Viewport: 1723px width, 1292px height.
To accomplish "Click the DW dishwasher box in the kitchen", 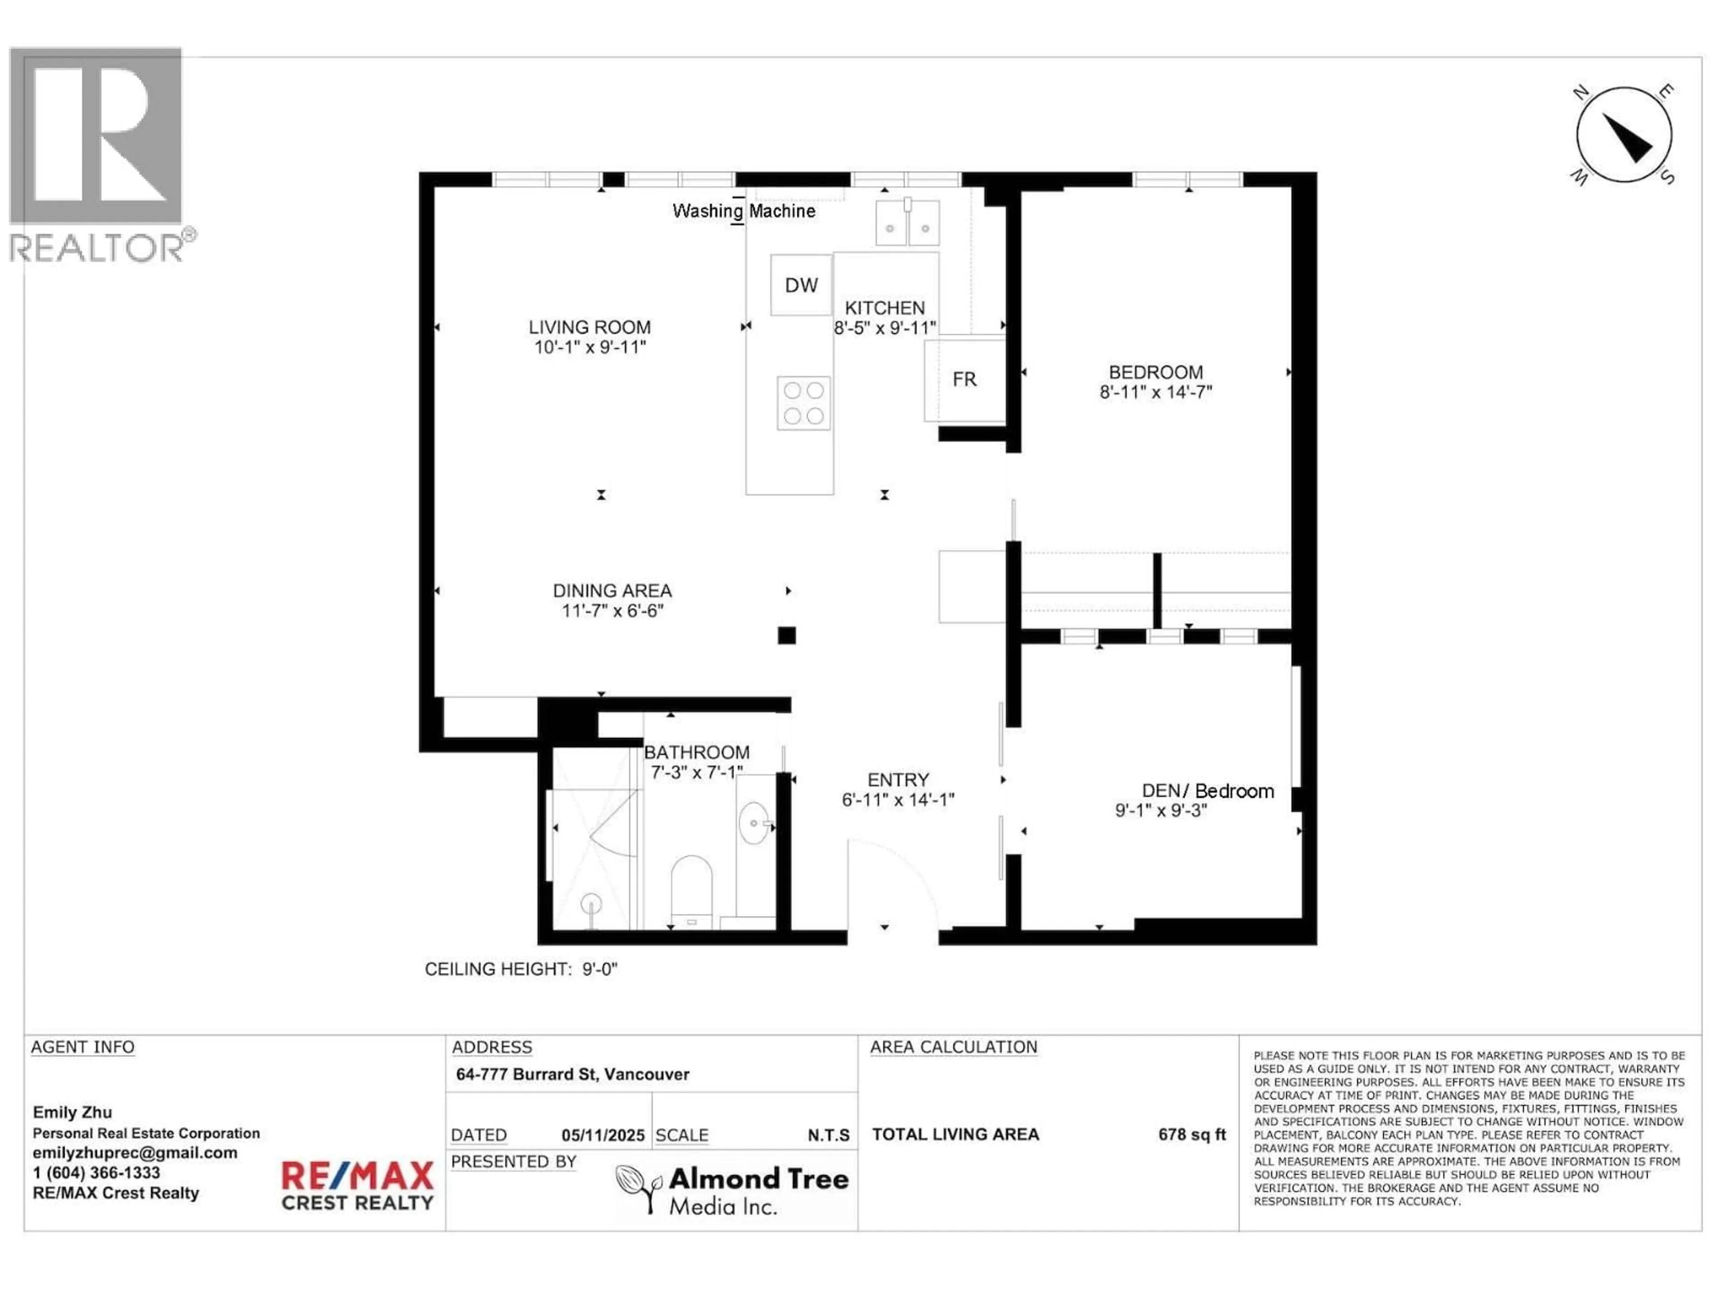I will click(x=801, y=285).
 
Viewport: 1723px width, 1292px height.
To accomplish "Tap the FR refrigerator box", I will click(x=964, y=379).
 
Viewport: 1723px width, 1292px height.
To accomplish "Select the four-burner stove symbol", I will click(x=803, y=403).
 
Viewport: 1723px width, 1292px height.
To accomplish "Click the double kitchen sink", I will click(x=907, y=223).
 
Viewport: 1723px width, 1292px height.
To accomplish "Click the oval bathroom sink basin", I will click(x=753, y=822).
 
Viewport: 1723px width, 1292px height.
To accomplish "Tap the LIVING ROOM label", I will click(x=590, y=327).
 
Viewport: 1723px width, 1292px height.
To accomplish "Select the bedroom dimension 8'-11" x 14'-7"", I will click(x=1156, y=392).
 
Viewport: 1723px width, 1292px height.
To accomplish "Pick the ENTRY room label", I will click(x=898, y=780).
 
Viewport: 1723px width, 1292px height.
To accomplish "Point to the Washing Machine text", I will click(x=744, y=211).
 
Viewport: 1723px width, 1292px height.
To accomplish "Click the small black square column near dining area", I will click(x=787, y=636).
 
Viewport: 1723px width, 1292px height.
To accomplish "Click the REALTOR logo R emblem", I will click(x=96, y=136).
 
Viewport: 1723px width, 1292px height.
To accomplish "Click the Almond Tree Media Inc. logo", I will click(x=732, y=1189).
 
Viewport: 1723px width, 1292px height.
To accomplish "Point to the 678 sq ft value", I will click(x=1192, y=1134).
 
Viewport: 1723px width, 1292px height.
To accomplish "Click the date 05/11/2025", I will click(x=603, y=1135).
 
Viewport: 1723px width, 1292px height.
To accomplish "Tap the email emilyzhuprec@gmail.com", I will click(x=135, y=1152).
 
